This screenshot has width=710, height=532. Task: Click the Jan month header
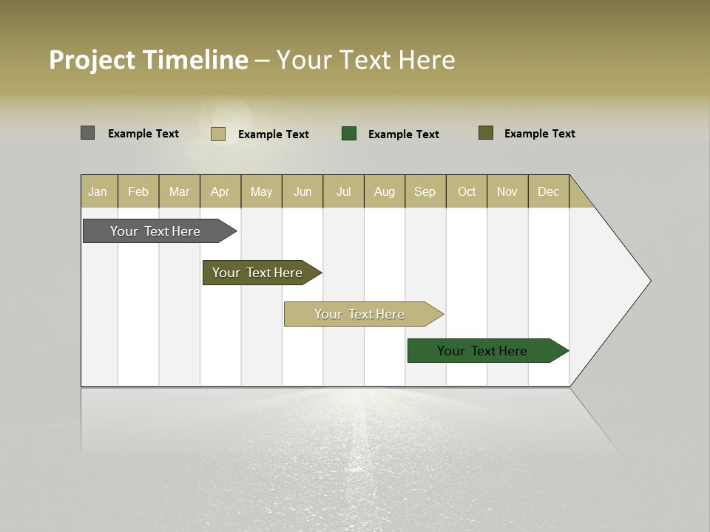coord(98,191)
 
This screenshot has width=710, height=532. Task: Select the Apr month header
coord(220,191)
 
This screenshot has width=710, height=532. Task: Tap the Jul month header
coord(343,191)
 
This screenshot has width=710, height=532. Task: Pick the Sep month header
coord(425,191)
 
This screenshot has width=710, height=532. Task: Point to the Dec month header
coord(548,191)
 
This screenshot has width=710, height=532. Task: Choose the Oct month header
coord(467,191)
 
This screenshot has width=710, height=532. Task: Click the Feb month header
coord(138,191)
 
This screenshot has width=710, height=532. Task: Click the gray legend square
coord(88,133)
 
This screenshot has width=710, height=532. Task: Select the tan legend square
coord(218,134)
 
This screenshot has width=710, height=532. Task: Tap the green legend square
coord(349,134)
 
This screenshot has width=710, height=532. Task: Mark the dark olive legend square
coord(486,133)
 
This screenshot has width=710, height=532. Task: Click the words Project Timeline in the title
coord(149,60)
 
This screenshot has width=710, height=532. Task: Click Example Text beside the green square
coord(404,134)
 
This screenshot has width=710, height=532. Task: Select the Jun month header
coord(302,191)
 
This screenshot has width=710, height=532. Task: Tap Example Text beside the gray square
coord(143,134)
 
